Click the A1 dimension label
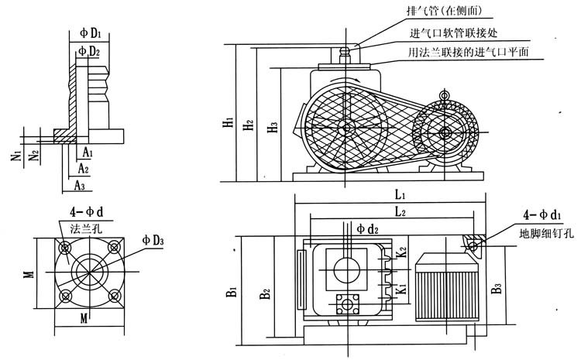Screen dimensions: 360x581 point(88,153)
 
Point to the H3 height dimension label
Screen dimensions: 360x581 point(271,126)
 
